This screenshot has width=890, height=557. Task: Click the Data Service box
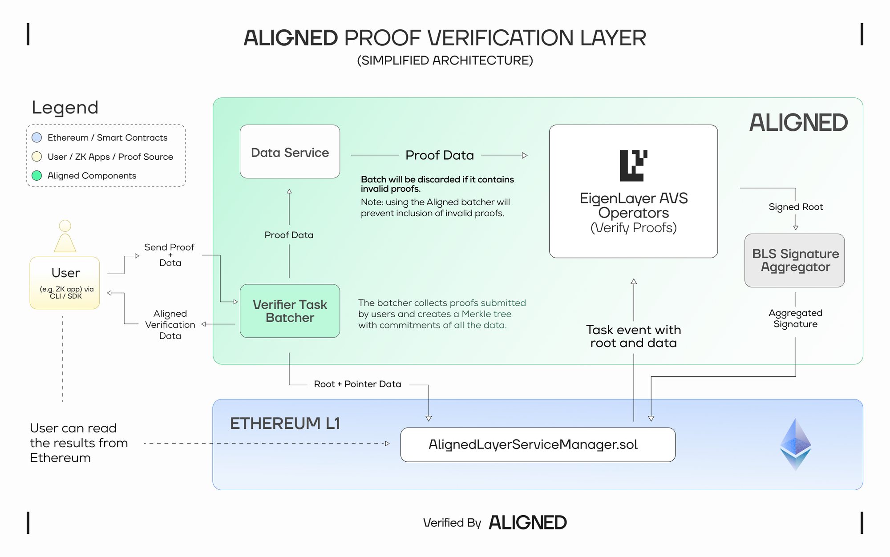[x=290, y=152]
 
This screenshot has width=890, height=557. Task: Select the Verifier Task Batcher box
[x=290, y=311]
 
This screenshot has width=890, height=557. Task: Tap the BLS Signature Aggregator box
[x=795, y=260]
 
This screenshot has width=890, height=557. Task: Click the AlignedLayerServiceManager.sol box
[x=538, y=444]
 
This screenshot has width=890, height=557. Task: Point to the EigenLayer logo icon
[x=634, y=165]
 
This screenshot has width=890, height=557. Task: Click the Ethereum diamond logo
[x=796, y=444]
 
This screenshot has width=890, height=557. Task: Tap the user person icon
[x=65, y=236]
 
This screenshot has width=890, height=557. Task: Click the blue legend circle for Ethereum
[x=37, y=137]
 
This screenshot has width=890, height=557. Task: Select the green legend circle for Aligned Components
[x=37, y=176]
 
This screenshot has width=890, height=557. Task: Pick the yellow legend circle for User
[x=37, y=157]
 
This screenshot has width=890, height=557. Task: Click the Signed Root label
[x=796, y=207]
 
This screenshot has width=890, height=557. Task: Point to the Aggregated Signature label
[x=796, y=319]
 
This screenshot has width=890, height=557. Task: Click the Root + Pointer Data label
[x=358, y=384]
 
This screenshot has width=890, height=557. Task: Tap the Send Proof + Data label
[x=170, y=255]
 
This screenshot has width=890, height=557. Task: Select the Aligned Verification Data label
[x=170, y=325]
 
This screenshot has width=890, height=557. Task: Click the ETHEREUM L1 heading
[x=285, y=424]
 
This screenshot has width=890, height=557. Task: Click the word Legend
[x=65, y=108]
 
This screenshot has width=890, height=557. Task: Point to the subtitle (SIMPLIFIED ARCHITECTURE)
[x=445, y=61]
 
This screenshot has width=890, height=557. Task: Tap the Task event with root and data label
[x=634, y=336]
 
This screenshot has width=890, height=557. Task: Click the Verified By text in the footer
[x=452, y=523]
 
